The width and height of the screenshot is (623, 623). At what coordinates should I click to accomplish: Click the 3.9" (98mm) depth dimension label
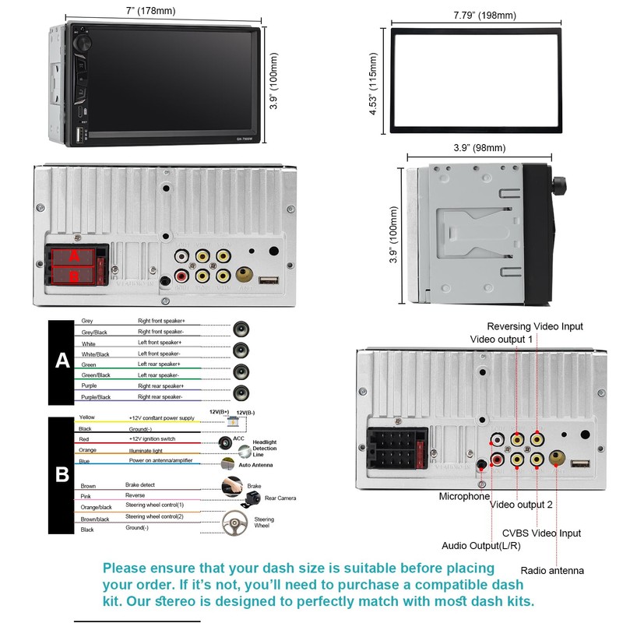479,148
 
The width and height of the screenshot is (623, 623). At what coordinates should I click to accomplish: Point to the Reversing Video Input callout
534,326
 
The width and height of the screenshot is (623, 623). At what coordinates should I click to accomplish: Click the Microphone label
464,496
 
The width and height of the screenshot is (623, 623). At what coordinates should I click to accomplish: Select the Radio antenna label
551,570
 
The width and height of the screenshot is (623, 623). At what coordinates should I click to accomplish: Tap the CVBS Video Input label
541,533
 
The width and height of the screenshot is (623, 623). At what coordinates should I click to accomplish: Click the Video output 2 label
521,505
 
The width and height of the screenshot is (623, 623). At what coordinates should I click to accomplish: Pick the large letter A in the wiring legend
62,361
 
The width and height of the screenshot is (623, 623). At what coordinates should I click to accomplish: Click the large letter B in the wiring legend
62,474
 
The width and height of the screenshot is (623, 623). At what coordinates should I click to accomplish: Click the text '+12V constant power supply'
162,418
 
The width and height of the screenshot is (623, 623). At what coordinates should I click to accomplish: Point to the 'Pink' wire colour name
86,495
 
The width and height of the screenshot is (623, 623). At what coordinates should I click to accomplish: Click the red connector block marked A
75,255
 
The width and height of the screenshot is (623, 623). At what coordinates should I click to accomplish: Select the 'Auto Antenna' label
257,465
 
